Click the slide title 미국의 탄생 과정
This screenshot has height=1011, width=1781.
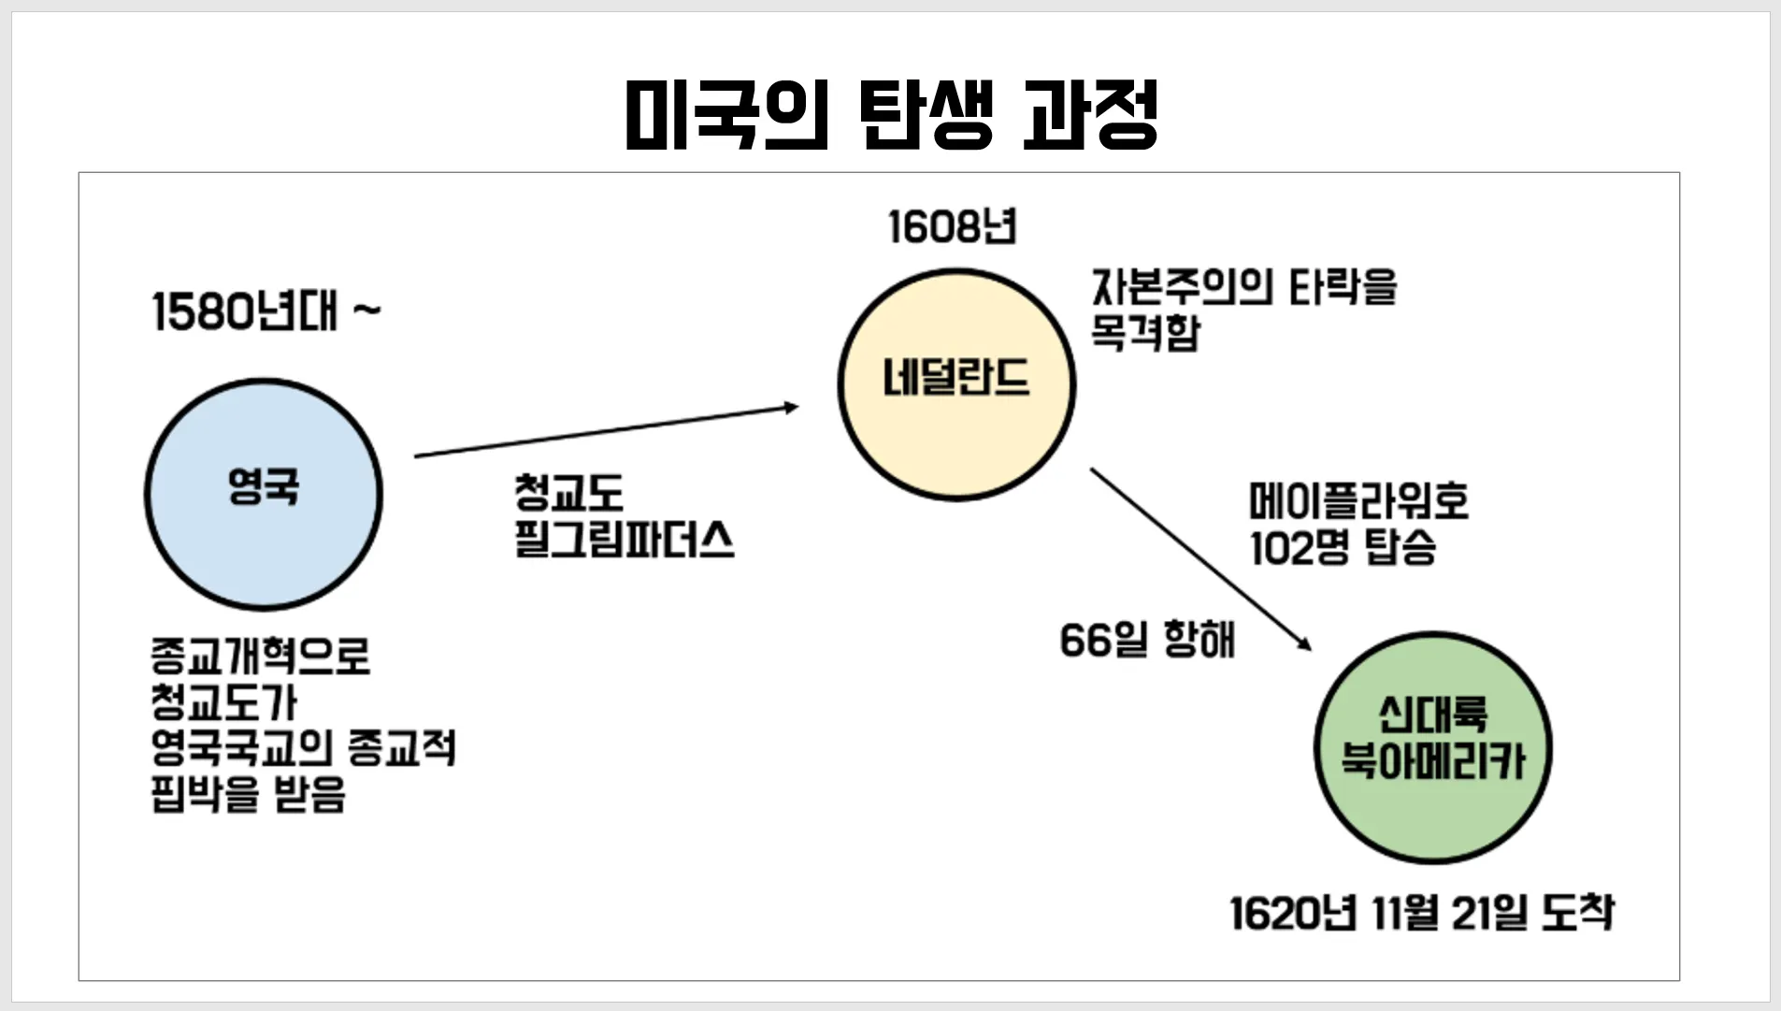click(891, 115)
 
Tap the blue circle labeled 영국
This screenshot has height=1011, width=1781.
click(264, 494)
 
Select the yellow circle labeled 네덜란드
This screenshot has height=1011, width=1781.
click(955, 384)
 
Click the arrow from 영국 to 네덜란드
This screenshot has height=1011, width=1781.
click(606, 431)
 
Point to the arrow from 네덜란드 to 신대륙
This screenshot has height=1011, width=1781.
click(1200, 558)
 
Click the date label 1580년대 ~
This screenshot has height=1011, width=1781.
click(266, 311)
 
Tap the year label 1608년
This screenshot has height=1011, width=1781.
click(952, 227)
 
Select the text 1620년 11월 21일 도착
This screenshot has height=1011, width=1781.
click(1421, 913)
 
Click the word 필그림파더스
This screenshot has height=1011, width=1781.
click(624, 540)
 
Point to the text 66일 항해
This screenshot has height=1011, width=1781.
click(1147, 641)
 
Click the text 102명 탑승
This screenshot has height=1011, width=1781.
click(1343, 547)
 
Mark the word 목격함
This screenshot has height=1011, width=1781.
click(1144, 333)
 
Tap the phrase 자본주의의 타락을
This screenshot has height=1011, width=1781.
click(1243, 286)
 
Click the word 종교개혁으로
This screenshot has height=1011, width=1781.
click(260, 656)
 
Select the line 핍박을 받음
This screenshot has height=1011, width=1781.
click(248, 794)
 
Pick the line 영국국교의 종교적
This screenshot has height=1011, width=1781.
click(303, 748)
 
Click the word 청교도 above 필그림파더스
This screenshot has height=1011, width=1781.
click(567, 492)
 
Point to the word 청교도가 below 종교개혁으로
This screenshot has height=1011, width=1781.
click(223, 701)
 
